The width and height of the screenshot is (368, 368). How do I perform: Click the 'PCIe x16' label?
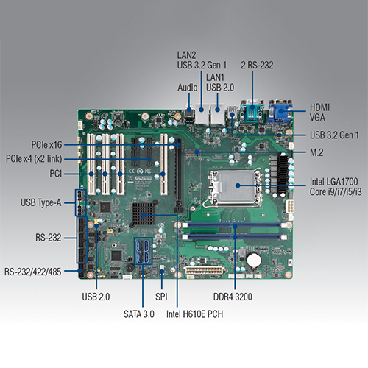46,145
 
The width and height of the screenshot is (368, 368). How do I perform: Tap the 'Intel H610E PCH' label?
194,314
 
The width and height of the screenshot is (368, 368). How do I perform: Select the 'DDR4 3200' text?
233,297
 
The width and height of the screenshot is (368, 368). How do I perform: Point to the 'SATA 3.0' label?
139,314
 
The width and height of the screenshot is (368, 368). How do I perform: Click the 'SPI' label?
161,297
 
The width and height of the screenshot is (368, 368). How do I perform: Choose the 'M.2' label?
316,152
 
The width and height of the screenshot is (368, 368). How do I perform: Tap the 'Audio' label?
188,88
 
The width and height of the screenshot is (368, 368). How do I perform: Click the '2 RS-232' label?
257,65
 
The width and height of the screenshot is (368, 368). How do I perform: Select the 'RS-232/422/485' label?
32,272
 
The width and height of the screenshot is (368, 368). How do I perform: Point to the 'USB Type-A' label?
41,202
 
